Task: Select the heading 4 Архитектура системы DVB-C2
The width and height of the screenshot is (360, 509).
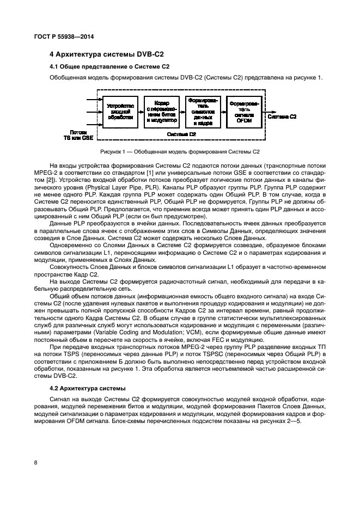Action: (x=107, y=55)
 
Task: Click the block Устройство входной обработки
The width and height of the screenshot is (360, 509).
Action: (x=120, y=111)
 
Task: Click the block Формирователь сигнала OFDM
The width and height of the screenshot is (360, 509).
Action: (x=243, y=111)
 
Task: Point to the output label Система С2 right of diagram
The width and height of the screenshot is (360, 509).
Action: (x=283, y=116)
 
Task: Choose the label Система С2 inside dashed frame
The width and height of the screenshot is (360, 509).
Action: (x=181, y=134)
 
